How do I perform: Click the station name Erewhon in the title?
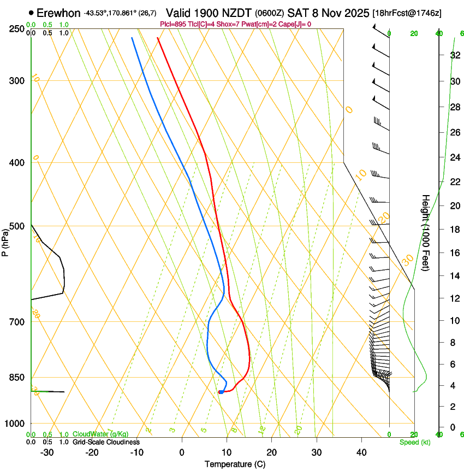[x=59, y=13]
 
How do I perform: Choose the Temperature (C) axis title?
[x=235, y=465]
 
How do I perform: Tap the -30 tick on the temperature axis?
[x=47, y=453]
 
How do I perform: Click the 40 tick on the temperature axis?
[x=361, y=453]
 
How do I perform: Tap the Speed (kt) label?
[x=413, y=442]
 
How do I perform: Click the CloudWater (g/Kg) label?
[x=100, y=434]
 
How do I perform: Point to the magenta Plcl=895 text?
[x=173, y=24]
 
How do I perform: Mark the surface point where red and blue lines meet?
[x=220, y=392]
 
